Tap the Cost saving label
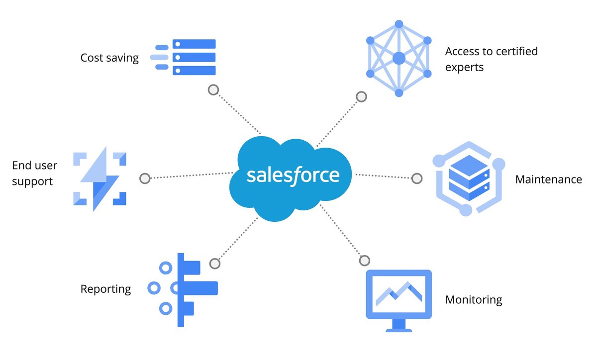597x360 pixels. click(109, 58)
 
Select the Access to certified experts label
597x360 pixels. click(491, 59)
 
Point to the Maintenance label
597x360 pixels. click(548, 180)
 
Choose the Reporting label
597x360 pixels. click(105, 289)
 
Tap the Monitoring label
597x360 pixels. click(474, 300)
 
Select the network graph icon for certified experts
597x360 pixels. click(398, 59)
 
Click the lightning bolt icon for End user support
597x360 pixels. click(99, 179)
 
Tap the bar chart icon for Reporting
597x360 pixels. click(183, 289)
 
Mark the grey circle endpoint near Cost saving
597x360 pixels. click(213, 90)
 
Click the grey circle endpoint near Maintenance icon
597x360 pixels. click(417, 178)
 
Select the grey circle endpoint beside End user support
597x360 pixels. click(145, 178)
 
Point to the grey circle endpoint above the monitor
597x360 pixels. click(365, 261)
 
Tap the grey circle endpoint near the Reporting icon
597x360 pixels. click(214, 264)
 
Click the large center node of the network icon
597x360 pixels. click(398, 59)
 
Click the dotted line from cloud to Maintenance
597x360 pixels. click(383, 176)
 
